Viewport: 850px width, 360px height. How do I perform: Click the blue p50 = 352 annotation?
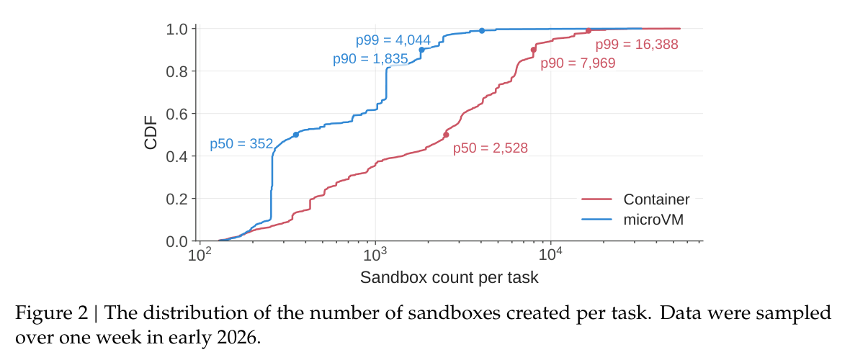coord(241,145)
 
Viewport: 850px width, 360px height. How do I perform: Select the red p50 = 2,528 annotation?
coord(491,148)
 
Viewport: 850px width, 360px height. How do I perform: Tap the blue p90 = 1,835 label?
coord(370,60)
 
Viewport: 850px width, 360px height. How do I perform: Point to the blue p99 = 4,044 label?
coord(393,40)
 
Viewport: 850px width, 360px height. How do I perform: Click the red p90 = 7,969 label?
coord(578,63)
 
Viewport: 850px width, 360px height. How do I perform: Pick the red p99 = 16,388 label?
coord(637,45)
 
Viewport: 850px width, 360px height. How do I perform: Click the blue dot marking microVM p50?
coord(295,135)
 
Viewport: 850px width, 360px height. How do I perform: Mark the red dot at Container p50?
coord(446,135)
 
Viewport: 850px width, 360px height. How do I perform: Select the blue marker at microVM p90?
coord(421,50)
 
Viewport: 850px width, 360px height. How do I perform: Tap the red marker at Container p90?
coord(534,50)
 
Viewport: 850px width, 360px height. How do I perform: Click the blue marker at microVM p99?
coord(481,30)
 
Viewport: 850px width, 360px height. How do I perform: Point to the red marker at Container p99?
coord(589,30)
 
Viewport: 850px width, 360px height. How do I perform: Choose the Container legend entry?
coord(635,199)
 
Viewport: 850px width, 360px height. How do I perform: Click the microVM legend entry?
coord(632,219)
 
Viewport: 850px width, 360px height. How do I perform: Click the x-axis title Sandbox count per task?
coord(449,278)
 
